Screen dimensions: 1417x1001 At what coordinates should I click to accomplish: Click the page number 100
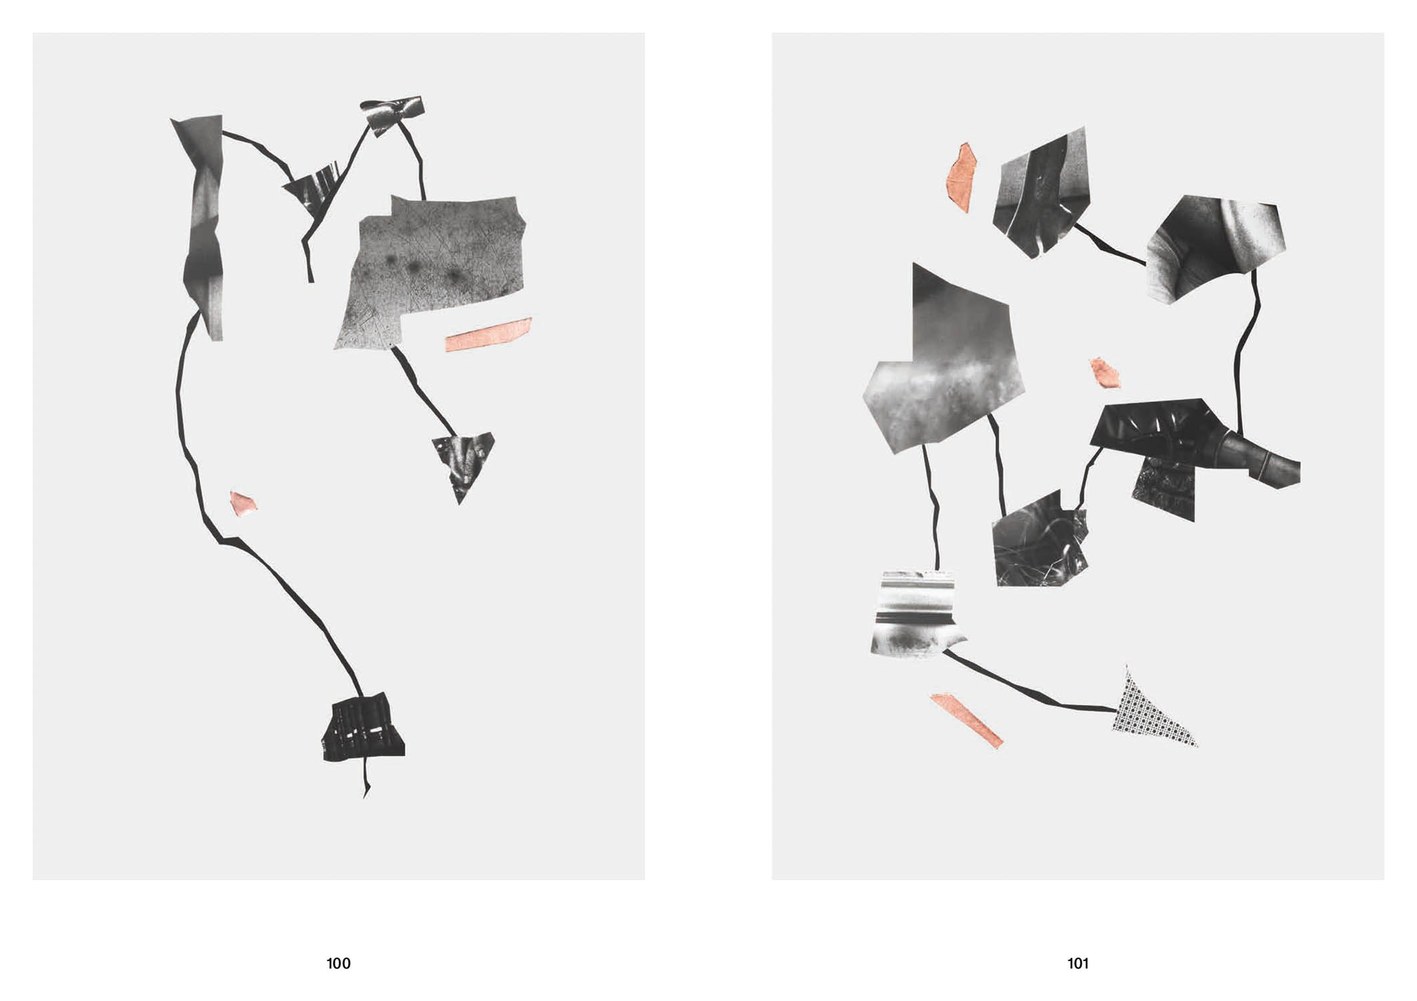point(338,963)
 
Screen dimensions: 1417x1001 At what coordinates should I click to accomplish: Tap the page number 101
point(1078,963)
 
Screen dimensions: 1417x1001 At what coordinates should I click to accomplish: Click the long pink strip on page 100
point(488,334)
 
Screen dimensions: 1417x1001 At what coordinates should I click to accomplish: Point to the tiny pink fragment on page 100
point(243,503)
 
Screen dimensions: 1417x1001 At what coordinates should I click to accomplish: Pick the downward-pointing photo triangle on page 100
point(463,462)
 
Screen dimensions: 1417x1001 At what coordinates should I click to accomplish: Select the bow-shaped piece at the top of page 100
point(392,114)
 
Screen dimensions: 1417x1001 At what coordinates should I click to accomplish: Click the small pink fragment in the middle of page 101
point(1105,372)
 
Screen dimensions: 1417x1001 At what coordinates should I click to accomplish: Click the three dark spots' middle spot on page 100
point(413,268)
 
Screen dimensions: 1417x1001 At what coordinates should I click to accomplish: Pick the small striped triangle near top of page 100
point(312,188)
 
